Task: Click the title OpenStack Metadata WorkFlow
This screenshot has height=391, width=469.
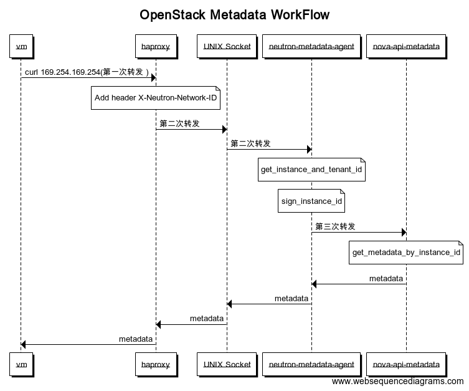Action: tap(234, 15)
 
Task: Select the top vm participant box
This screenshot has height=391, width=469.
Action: tap(21, 46)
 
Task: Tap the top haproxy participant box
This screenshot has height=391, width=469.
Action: tap(155, 46)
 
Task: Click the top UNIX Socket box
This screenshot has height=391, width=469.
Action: tap(227, 46)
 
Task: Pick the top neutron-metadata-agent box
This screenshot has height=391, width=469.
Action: tap(311, 46)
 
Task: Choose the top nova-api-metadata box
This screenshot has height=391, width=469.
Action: tap(405, 46)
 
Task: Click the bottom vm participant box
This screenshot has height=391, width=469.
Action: tap(21, 364)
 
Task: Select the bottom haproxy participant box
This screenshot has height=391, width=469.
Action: tap(155, 364)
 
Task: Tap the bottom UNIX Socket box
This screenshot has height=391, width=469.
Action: tap(227, 364)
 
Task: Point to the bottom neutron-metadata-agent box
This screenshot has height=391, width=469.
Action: tap(311, 364)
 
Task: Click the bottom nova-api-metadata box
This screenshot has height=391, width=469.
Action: tap(405, 364)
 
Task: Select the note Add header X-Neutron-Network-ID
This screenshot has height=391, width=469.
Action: tap(156, 98)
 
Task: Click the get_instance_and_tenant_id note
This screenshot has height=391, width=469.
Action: tap(311, 170)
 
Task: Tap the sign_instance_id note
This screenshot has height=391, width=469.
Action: tap(311, 201)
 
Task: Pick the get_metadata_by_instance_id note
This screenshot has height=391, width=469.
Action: tap(406, 253)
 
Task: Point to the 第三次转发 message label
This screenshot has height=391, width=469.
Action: tap(336, 226)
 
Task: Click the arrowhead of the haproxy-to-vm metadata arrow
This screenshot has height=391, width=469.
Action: tap(24, 344)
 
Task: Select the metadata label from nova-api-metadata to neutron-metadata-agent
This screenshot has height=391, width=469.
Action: tap(386, 278)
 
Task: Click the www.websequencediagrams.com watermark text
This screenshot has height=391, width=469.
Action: tap(397, 382)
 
